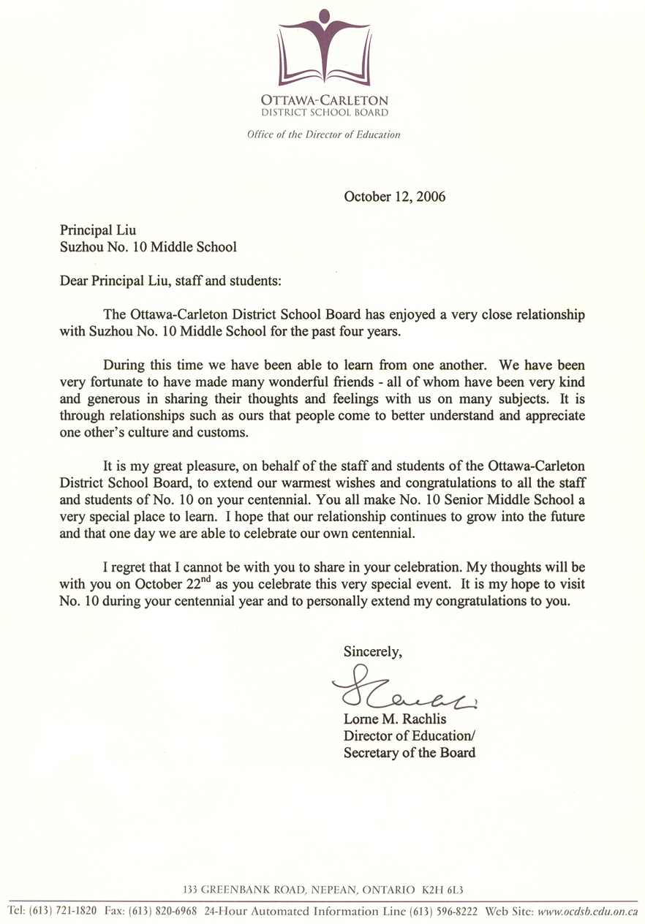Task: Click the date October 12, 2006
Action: [x=394, y=197]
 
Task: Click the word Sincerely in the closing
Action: [x=372, y=651]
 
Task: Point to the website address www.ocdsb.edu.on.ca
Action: [x=588, y=912]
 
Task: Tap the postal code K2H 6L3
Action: [x=442, y=890]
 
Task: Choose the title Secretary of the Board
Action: [x=410, y=752]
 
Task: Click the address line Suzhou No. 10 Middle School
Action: [x=148, y=247]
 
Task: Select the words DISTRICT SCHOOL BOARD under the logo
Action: [x=325, y=113]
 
